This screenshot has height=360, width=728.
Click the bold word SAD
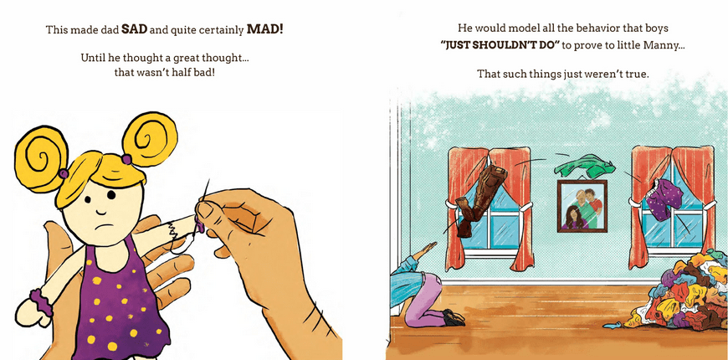click(133, 30)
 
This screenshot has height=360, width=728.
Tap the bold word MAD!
click(264, 30)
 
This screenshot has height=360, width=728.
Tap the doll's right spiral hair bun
click(150, 138)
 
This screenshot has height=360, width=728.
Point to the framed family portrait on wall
click(582, 206)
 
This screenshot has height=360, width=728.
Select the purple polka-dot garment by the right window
click(664, 200)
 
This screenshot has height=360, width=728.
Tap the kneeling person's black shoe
click(453, 318)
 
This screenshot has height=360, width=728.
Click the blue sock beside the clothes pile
click(613, 326)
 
